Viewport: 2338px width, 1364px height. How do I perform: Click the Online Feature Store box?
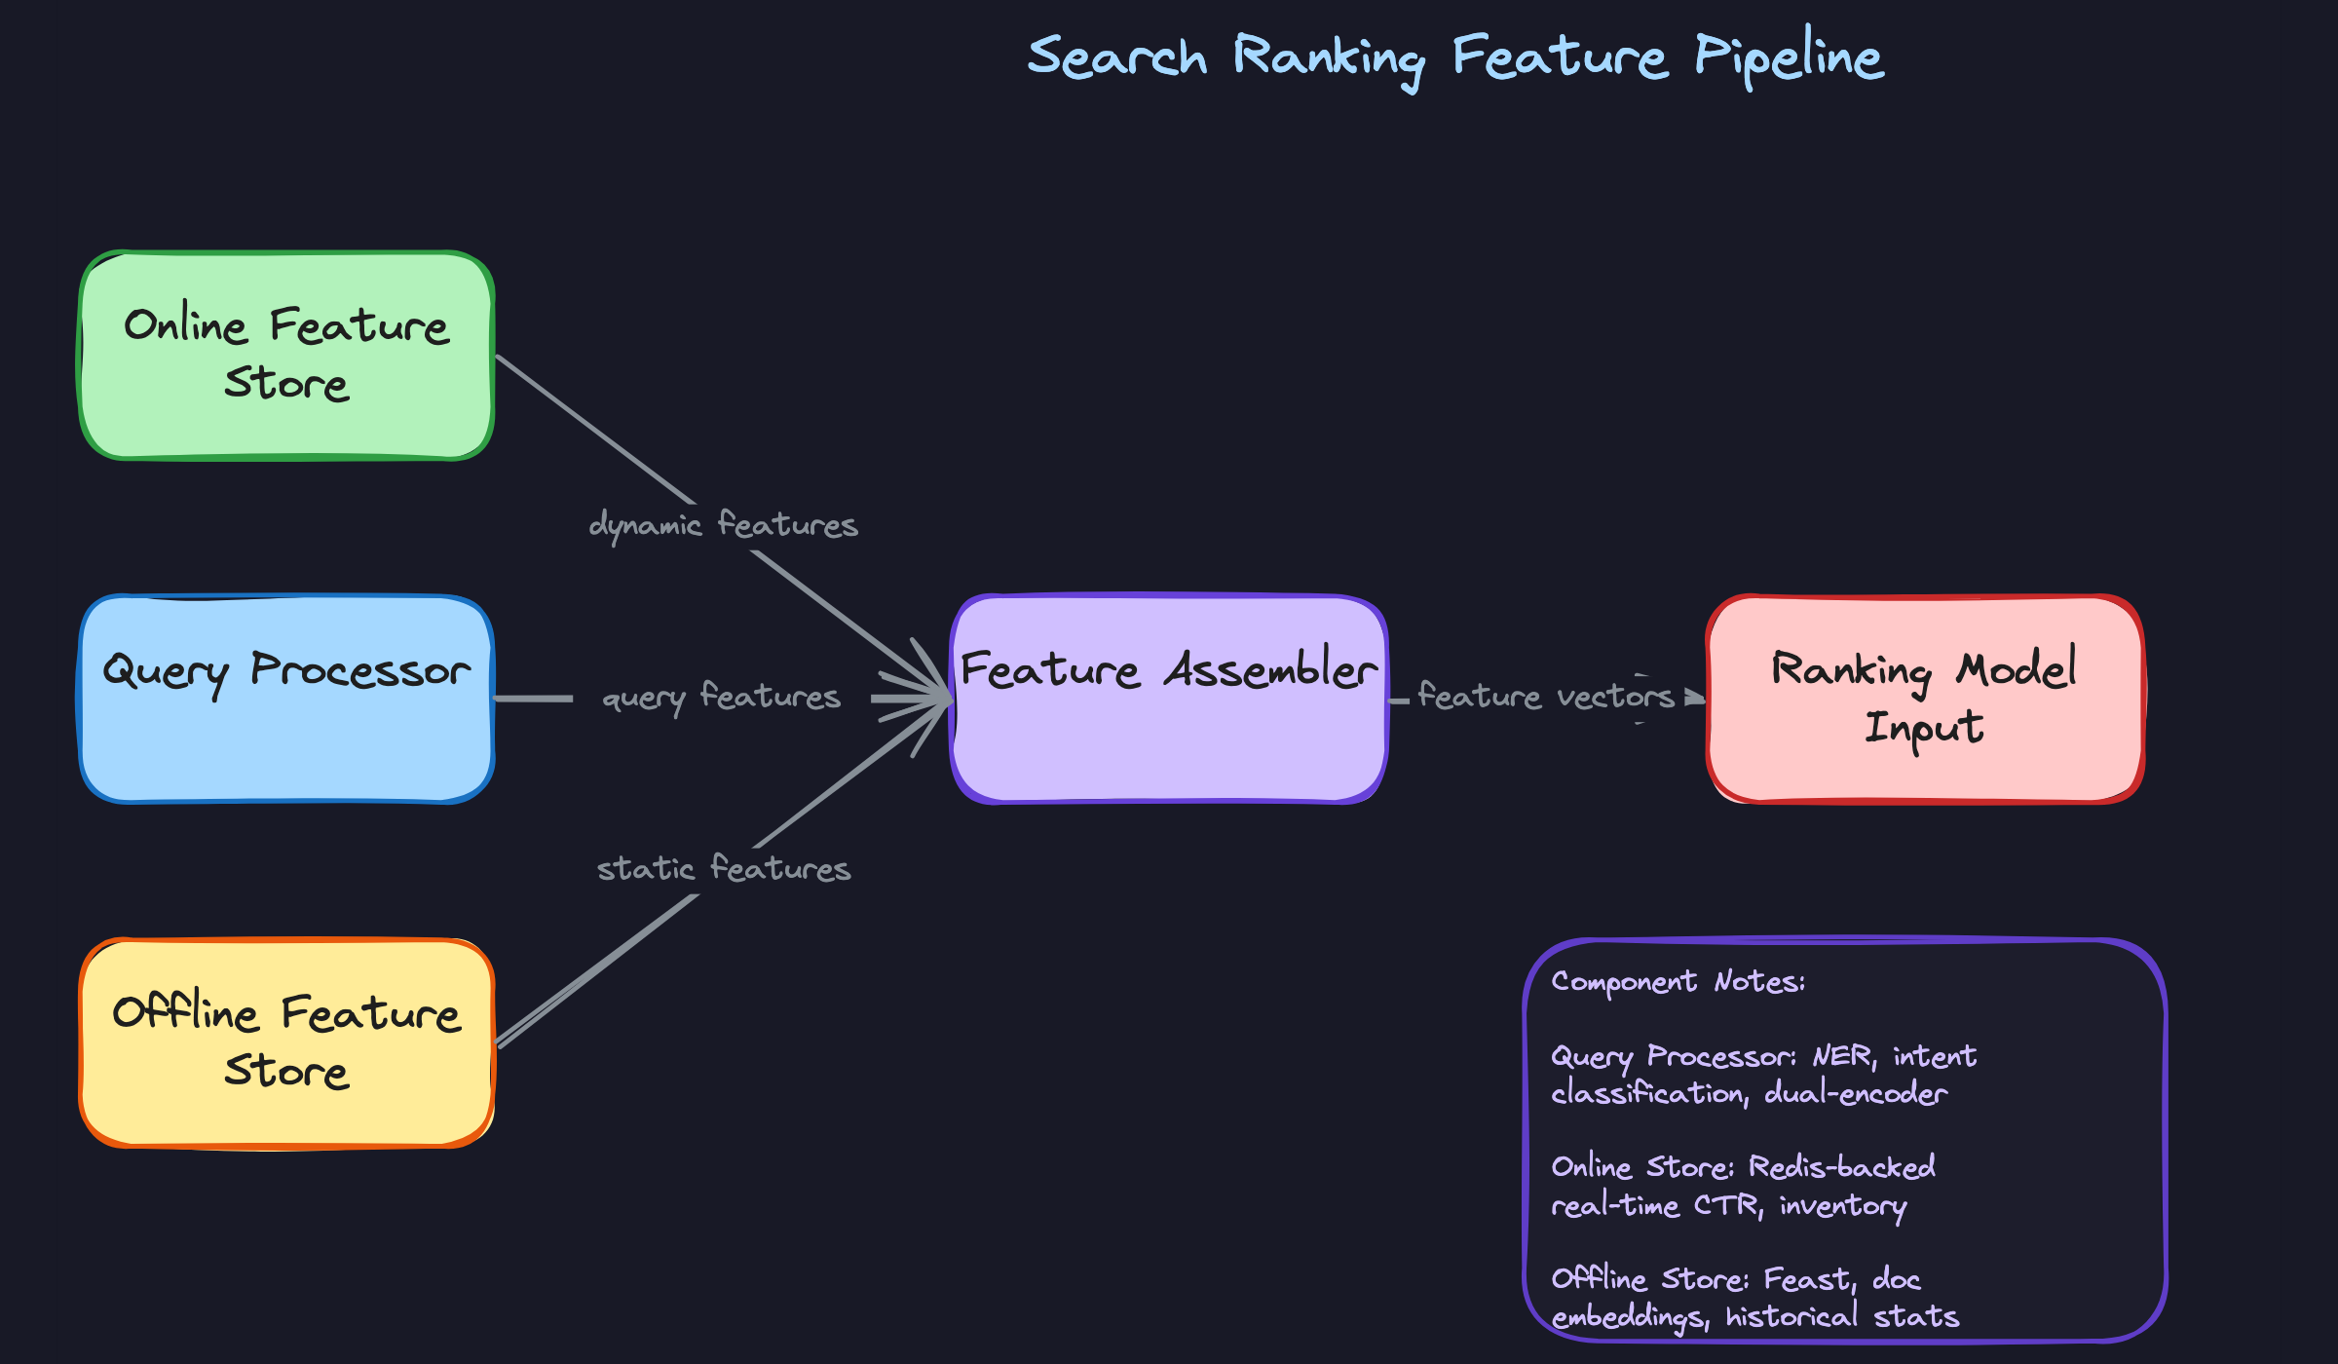click(x=286, y=356)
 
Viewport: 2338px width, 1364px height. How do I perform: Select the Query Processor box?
click(x=286, y=699)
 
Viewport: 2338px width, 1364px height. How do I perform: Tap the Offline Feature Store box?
click(x=286, y=1042)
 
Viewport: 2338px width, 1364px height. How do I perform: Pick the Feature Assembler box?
click(x=1169, y=699)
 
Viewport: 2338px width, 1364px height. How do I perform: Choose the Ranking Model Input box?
click(x=1925, y=699)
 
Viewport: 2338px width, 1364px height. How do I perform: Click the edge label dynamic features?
click(x=723, y=525)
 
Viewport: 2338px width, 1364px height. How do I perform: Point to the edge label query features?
click(x=721, y=697)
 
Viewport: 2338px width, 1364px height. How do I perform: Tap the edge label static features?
click(x=723, y=868)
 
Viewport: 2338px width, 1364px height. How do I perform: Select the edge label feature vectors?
click(x=1545, y=697)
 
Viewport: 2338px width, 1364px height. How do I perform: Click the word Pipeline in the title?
click(x=1789, y=57)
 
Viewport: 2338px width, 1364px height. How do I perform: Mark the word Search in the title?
click(x=1116, y=57)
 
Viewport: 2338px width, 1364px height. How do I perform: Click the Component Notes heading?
click(x=1678, y=981)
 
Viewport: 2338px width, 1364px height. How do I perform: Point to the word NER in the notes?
click(x=1843, y=1056)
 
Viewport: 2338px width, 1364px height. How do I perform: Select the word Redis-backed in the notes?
click(x=1841, y=1167)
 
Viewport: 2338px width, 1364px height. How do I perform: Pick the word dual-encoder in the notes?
click(x=1856, y=1093)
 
